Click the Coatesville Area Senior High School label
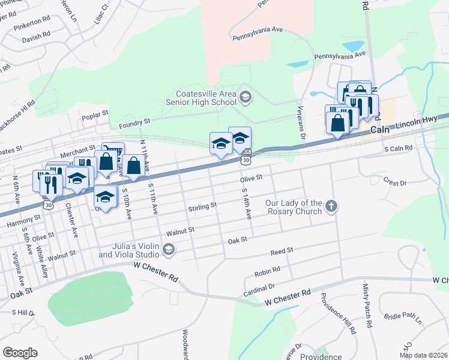(x=197, y=98)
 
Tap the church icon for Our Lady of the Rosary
(x=331, y=207)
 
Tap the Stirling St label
(x=202, y=206)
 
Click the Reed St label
(x=282, y=250)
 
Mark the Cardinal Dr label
(x=260, y=286)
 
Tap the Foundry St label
(x=134, y=122)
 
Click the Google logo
(x=20, y=353)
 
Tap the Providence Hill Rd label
(x=337, y=313)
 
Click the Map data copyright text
(x=423, y=355)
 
